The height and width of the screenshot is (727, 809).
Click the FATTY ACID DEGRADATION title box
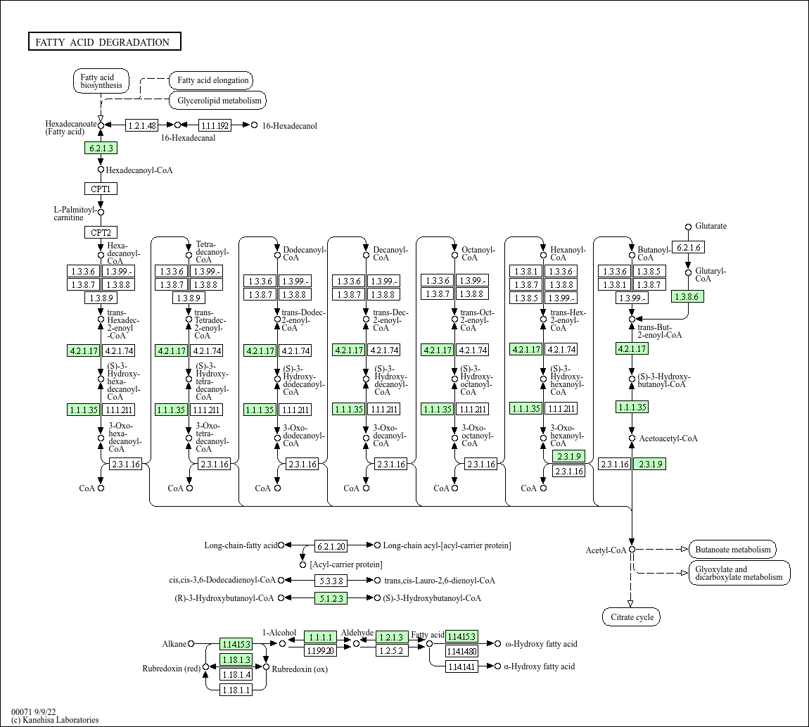click(104, 42)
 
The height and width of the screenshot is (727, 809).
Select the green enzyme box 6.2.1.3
click(101, 148)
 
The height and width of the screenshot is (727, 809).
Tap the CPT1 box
click(101, 189)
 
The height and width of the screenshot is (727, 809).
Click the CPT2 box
click(101, 232)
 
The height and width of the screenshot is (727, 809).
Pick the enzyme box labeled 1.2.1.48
click(142, 125)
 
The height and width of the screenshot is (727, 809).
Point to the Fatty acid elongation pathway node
click(212, 80)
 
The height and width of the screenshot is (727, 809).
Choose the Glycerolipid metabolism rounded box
click(219, 101)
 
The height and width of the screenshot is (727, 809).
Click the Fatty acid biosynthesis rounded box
click(101, 81)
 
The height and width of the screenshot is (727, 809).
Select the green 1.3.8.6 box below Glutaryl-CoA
click(687, 296)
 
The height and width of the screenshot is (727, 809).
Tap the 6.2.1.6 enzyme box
click(687, 247)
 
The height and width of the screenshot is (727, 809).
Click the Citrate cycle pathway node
click(632, 617)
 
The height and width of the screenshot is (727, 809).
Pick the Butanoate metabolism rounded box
click(732, 550)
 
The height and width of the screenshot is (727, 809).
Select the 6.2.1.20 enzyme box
click(331, 545)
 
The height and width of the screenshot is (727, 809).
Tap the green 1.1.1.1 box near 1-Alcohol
click(320, 637)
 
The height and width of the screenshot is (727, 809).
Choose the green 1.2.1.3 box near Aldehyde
click(392, 637)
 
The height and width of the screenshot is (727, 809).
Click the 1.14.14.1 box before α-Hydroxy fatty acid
click(461, 666)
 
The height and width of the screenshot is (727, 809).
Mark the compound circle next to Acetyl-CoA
click(632, 549)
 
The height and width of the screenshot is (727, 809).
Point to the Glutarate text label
click(711, 226)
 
